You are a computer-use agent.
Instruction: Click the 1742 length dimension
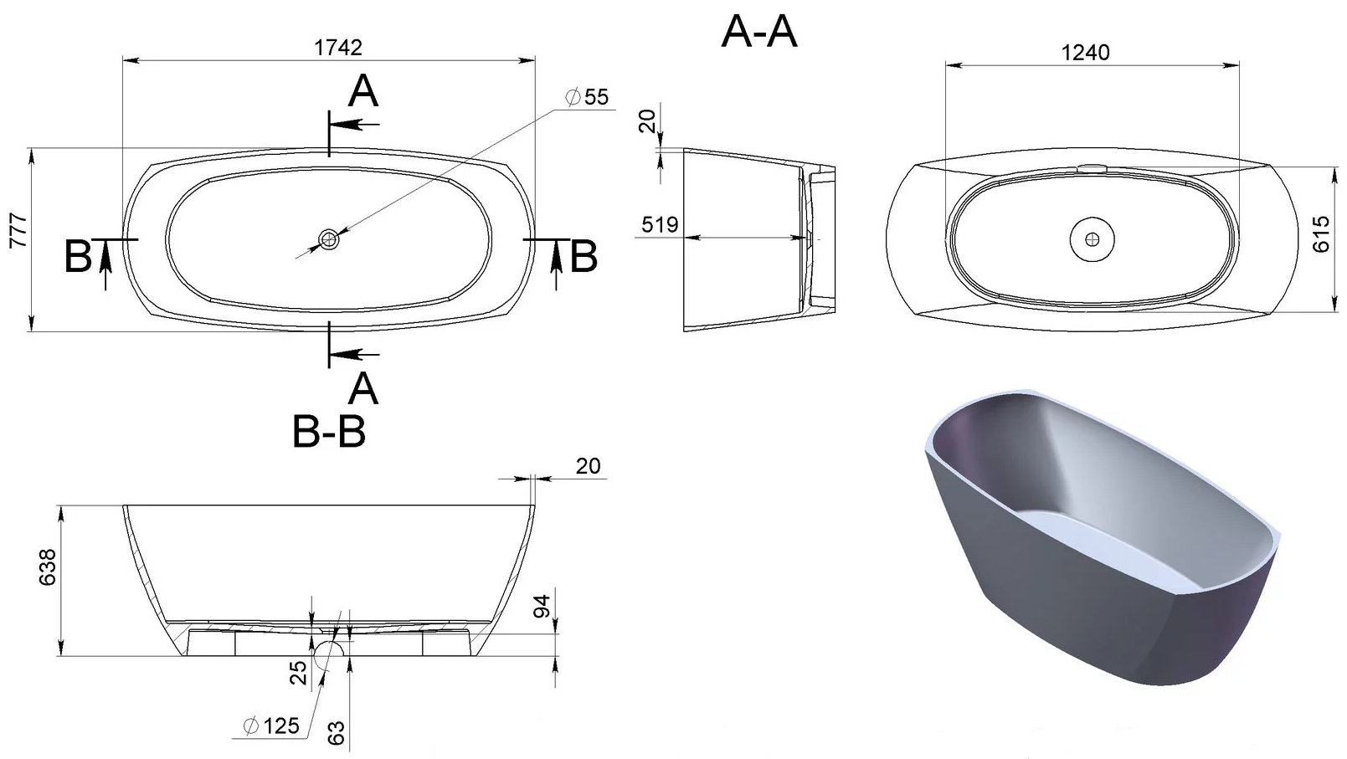(338, 48)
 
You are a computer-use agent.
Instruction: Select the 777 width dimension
(18, 230)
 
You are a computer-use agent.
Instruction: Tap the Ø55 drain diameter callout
(587, 97)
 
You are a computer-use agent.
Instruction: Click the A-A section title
(758, 32)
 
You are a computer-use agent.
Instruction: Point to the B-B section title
(329, 432)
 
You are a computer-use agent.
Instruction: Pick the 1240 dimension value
(1086, 53)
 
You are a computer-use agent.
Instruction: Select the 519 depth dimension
(660, 225)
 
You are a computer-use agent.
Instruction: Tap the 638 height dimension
(47, 567)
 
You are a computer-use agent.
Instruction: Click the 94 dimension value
(541, 607)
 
